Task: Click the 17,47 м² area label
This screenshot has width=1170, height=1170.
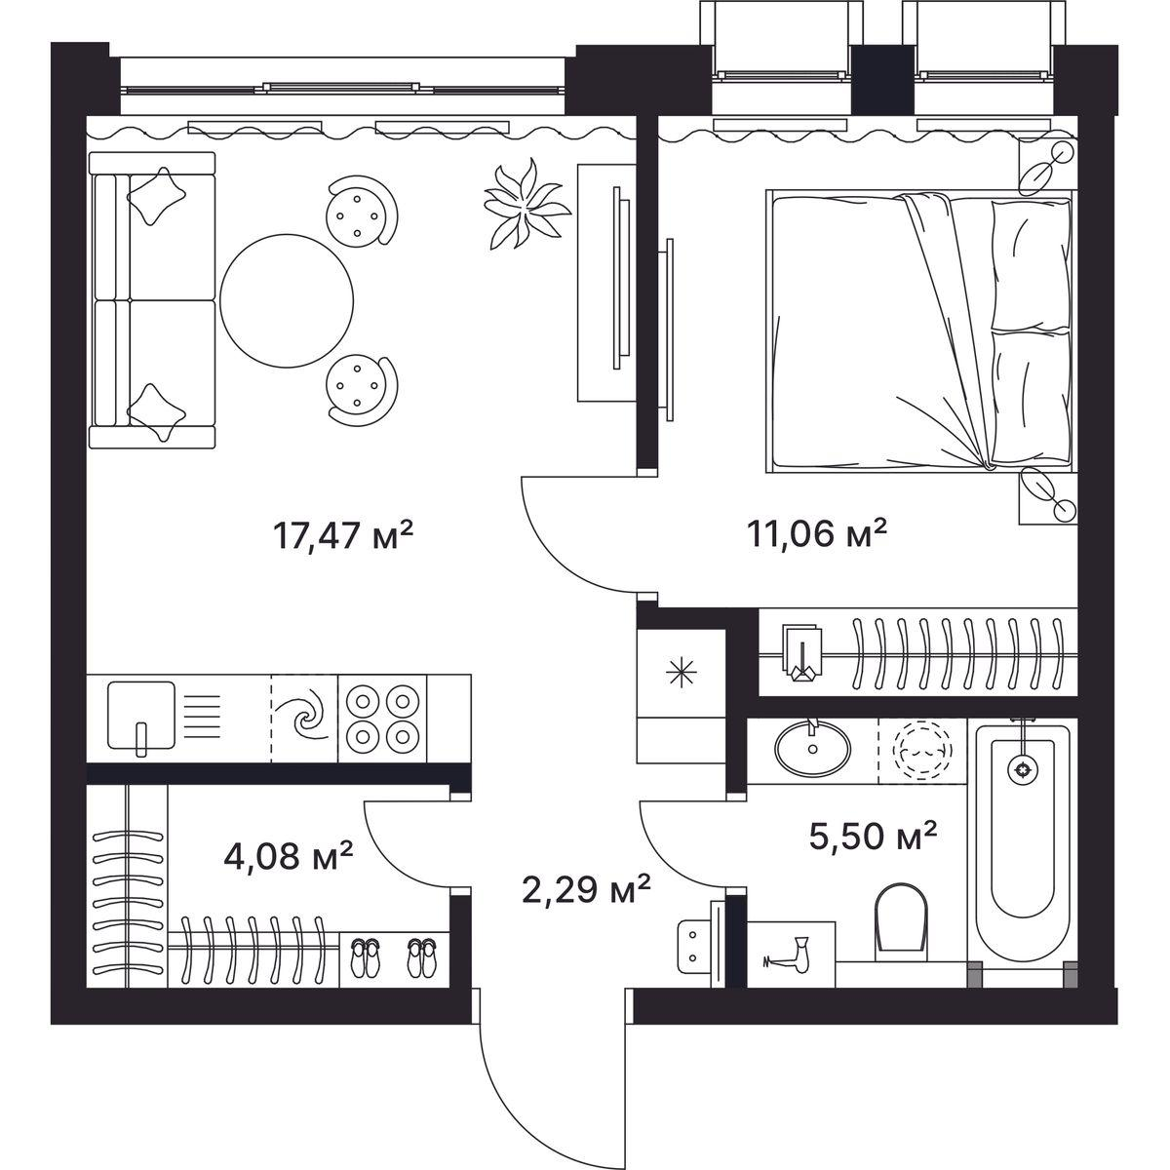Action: coord(343,535)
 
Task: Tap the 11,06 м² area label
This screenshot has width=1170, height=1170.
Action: coord(817,533)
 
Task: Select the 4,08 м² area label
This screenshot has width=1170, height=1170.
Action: coord(289,855)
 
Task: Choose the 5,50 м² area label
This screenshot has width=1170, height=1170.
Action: coord(874,836)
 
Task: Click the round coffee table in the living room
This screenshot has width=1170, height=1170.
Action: coord(287,300)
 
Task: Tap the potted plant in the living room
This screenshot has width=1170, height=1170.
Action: coord(526,205)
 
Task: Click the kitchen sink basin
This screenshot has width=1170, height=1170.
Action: coord(141,716)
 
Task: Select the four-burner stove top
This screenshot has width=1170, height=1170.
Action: coord(382,719)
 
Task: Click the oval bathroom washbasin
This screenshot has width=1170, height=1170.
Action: coord(813,749)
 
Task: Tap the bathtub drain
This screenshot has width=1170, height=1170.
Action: coord(1023,770)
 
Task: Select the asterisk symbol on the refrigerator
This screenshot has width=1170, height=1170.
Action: coord(682,672)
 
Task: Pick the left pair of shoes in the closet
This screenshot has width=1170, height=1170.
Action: coord(365,958)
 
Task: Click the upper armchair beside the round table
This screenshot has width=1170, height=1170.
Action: coord(362,211)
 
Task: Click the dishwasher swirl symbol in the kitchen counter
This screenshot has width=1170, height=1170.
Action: coord(305,718)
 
